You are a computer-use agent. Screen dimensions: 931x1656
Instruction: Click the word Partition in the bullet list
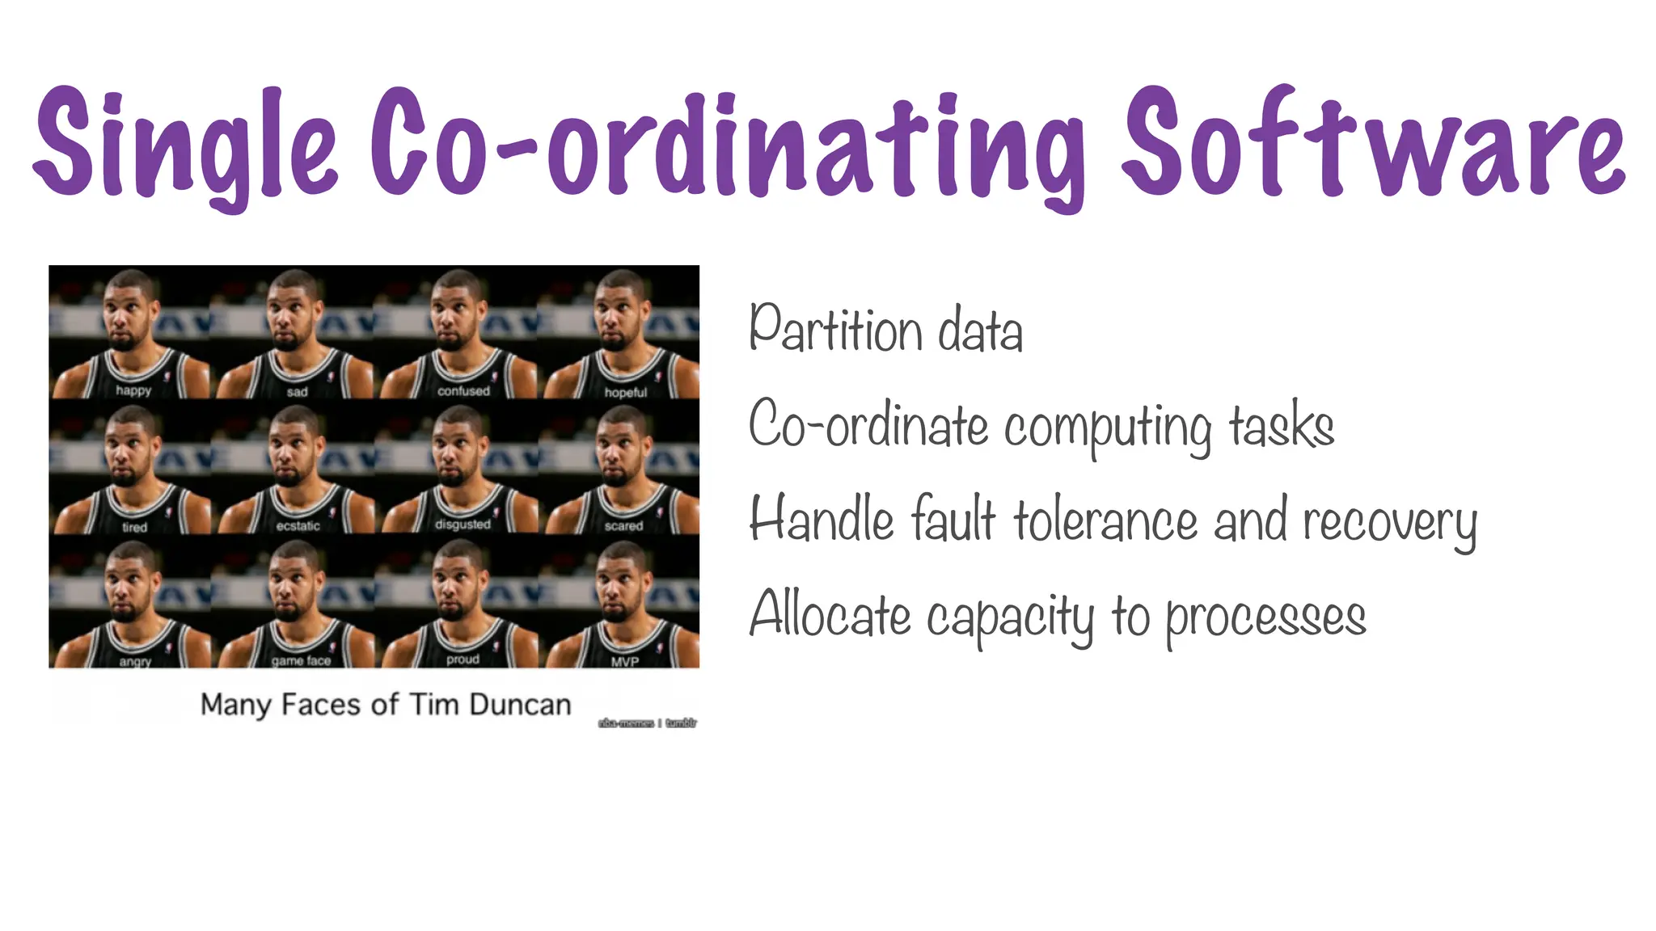click(835, 330)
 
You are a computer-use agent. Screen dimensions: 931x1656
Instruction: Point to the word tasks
click(1282, 426)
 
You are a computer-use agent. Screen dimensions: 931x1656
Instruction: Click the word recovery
click(1390, 522)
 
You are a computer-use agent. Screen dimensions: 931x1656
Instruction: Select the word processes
click(1265, 618)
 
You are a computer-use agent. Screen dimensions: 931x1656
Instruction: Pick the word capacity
click(1010, 618)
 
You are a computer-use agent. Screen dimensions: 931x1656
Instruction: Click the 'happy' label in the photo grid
click(133, 390)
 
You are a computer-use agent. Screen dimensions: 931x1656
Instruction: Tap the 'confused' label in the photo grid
click(463, 391)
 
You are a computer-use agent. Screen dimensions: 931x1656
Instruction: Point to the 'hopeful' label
click(626, 393)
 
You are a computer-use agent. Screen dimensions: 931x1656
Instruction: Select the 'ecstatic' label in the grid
click(298, 526)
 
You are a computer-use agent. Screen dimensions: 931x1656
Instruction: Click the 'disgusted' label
click(463, 524)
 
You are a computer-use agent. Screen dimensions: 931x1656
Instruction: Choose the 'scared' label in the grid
click(623, 526)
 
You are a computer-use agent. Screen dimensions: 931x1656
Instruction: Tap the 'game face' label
click(301, 661)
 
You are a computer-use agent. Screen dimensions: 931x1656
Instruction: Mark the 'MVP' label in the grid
click(625, 661)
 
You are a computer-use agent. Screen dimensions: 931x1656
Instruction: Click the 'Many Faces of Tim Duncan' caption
click(386, 705)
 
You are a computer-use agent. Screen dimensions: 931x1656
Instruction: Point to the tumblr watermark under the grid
click(680, 723)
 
